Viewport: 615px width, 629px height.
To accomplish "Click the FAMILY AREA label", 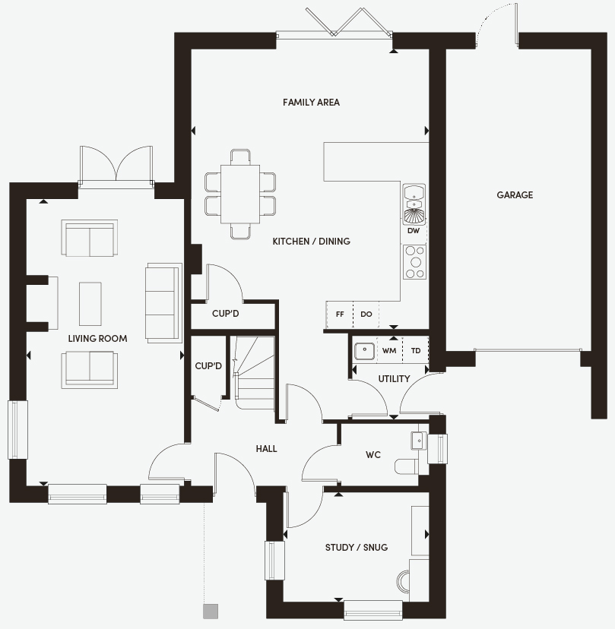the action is [x=311, y=103].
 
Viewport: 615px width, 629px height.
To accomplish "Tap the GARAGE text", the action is [x=515, y=195].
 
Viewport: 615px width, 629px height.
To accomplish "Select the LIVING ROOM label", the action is [x=97, y=339].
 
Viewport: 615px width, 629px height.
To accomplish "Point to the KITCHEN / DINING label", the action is [x=311, y=241].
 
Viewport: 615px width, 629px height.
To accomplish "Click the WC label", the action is [x=373, y=455].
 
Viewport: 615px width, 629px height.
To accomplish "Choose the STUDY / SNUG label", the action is [x=357, y=548].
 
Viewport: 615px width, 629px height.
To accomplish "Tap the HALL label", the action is [x=266, y=448].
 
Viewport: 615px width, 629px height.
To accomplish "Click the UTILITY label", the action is [x=394, y=378].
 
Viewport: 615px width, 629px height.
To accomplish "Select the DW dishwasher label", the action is [x=413, y=231].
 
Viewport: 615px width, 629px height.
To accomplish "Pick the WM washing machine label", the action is [x=389, y=351].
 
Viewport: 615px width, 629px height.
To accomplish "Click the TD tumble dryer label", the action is [x=416, y=351].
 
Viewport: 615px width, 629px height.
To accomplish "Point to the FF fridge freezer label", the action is [x=340, y=314].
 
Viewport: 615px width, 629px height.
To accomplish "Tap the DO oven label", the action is [x=366, y=314].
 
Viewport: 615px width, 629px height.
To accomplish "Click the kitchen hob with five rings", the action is [x=414, y=262].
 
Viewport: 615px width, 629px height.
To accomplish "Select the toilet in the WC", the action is [x=406, y=466].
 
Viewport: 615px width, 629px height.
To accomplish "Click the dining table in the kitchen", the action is [x=240, y=194].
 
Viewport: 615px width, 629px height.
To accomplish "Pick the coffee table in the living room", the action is [x=90, y=304].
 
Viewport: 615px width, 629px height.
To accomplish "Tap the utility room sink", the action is [x=364, y=351].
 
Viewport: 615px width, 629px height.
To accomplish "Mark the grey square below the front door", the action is [x=211, y=611].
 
